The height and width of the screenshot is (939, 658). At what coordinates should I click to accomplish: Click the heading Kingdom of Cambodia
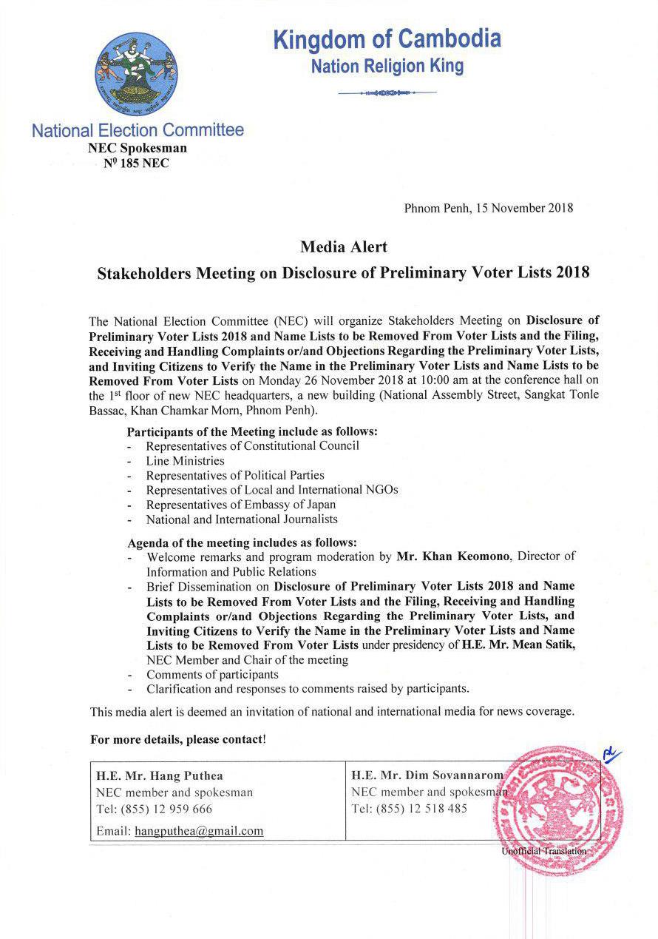[387, 39]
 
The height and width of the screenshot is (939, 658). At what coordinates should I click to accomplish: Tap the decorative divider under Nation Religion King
[387, 92]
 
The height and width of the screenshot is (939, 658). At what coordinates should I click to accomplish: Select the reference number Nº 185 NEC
[138, 164]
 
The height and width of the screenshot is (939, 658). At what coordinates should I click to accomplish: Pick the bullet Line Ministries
[185, 460]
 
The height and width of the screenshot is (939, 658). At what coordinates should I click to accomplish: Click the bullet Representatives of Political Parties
[235, 475]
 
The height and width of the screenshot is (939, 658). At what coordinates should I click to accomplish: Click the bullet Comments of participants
[212, 674]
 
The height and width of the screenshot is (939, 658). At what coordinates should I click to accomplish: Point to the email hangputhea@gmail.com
[199, 831]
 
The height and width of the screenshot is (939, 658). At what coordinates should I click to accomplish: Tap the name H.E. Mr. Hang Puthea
[160, 776]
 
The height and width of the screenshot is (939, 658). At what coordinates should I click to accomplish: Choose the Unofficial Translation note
[543, 851]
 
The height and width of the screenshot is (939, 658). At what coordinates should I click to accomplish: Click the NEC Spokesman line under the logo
[138, 148]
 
